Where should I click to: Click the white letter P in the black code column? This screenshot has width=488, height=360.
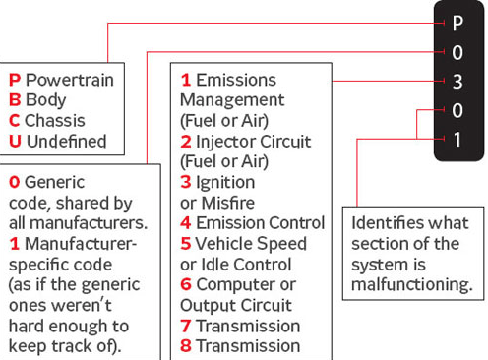point(457,22)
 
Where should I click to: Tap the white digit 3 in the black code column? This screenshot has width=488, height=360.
point(457,82)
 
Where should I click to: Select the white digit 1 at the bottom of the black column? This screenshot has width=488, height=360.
point(457,139)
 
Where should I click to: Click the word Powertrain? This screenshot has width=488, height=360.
point(69,79)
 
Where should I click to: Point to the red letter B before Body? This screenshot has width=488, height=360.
point(14,99)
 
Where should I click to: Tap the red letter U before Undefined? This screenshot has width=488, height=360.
point(15,141)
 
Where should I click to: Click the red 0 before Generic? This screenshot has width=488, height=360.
point(14,182)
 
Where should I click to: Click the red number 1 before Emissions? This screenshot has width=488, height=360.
point(185,80)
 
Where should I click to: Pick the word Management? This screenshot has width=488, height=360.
point(232,100)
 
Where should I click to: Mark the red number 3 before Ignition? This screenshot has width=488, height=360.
point(185,182)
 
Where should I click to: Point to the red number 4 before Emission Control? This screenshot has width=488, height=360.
point(185,223)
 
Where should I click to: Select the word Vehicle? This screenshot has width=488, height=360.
point(225,243)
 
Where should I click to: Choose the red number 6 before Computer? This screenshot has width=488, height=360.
point(185,284)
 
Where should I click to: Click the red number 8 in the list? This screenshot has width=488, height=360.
point(185,345)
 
